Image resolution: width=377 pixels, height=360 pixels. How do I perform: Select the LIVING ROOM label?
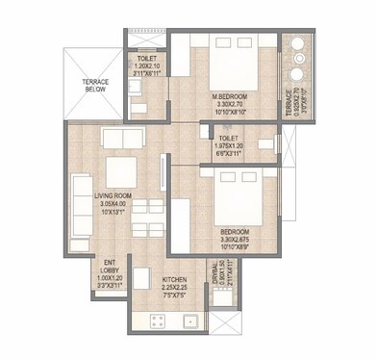[113, 197]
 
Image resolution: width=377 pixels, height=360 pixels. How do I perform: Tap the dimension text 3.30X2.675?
[235, 242]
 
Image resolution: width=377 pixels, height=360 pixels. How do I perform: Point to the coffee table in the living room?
[119, 171]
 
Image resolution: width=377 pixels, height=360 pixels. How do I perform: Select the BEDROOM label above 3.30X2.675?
[235, 233]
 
